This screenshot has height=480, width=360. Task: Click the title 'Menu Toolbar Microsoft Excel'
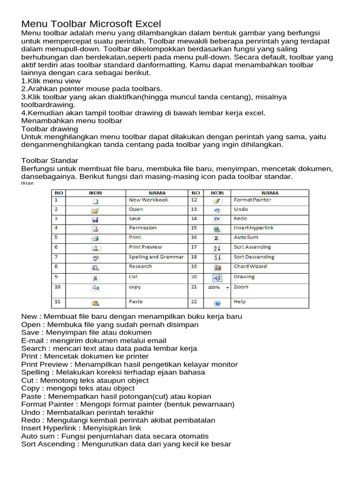(91, 23)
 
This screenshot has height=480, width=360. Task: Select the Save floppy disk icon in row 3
(95, 219)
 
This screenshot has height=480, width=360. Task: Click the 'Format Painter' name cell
(252, 200)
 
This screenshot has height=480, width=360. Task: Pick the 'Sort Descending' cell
(254, 257)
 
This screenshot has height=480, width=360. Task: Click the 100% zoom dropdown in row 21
(217, 287)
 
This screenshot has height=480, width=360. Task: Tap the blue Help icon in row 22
(217, 303)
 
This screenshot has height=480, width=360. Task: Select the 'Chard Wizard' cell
(250, 266)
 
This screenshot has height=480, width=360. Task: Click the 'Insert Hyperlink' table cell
(254, 228)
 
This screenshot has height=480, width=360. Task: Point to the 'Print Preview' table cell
(145, 247)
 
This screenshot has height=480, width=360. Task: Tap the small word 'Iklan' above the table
(28, 183)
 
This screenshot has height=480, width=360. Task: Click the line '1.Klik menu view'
(51, 81)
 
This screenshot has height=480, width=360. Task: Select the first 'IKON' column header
(96, 193)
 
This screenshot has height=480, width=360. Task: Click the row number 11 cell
(58, 302)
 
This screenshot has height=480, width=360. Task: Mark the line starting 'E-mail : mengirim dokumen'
(94, 340)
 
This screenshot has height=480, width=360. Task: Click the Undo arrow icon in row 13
(217, 210)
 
